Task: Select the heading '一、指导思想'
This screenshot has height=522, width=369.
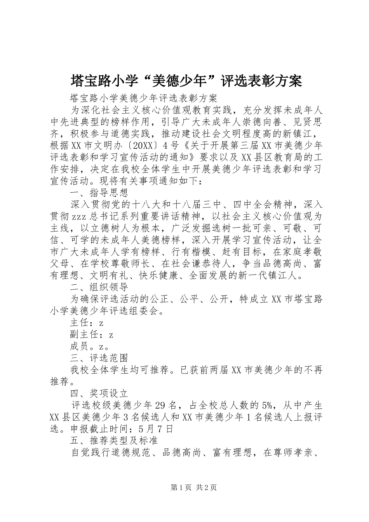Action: pyautogui.click(x=99, y=193)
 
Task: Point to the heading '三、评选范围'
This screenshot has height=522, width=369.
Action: pyautogui.click(x=99, y=357)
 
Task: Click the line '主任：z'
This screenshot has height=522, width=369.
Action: pyautogui.click(x=87, y=323)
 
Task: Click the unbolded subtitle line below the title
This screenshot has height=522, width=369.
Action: pyautogui.click(x=144, y=97)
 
